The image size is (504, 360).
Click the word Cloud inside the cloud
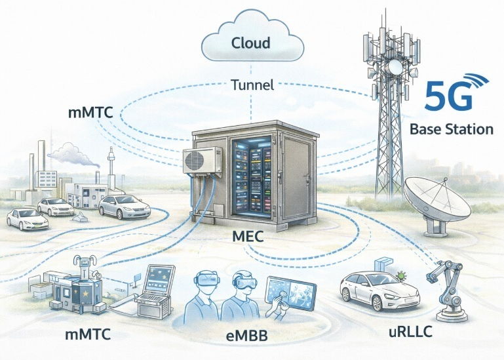[x=251, y=44]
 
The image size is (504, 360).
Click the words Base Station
[x=451, y=129]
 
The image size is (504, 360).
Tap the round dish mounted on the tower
[x=394, y=67]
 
